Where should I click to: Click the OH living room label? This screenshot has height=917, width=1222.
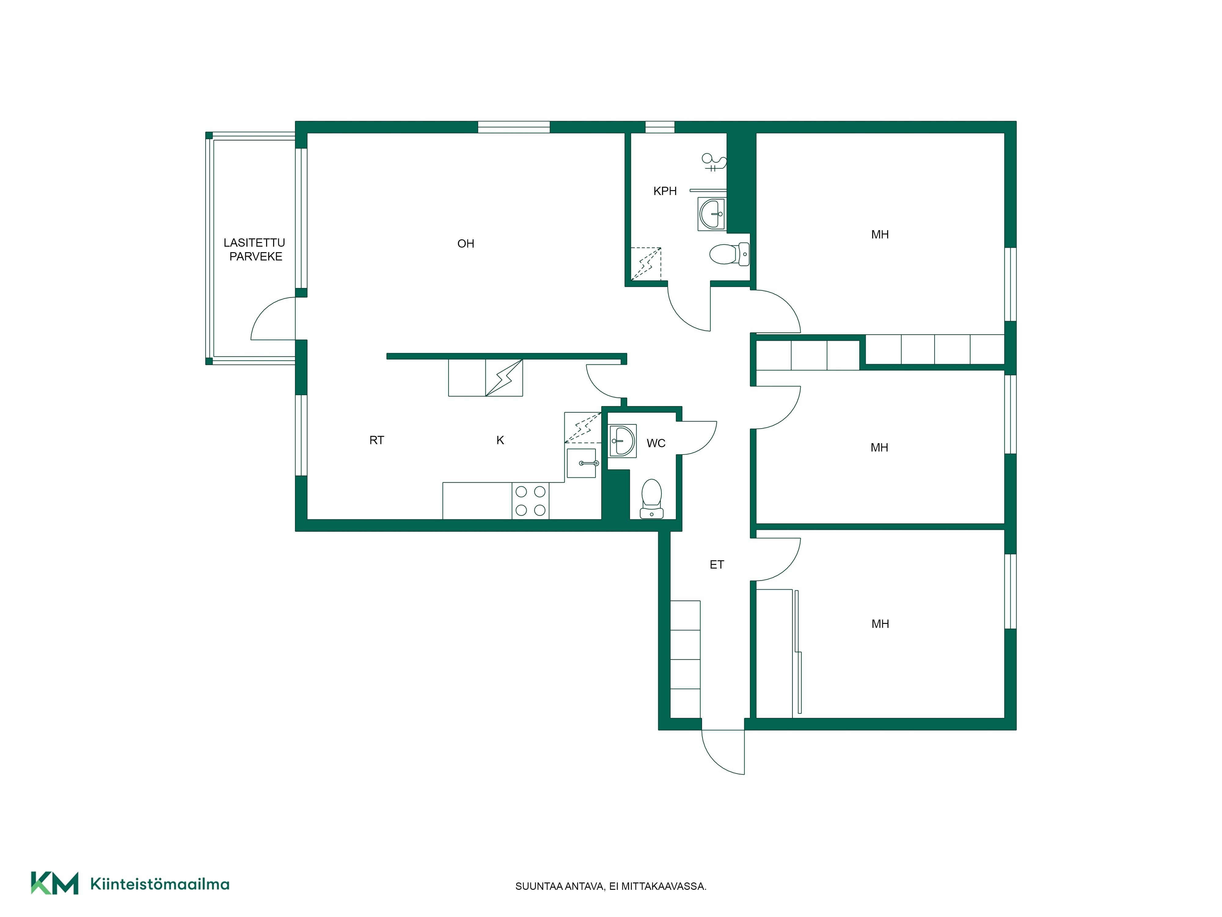(466, 244)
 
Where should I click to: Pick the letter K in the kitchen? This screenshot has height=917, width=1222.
(500, 440)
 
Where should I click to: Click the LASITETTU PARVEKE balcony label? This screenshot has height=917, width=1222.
(255, 249)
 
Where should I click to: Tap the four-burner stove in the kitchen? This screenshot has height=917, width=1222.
(530, 501)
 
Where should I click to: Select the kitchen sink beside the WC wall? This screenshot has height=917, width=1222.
(581, 463)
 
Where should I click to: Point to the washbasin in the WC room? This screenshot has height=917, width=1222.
(623, 440)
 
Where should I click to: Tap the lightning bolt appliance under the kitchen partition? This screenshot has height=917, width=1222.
(504, 378)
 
